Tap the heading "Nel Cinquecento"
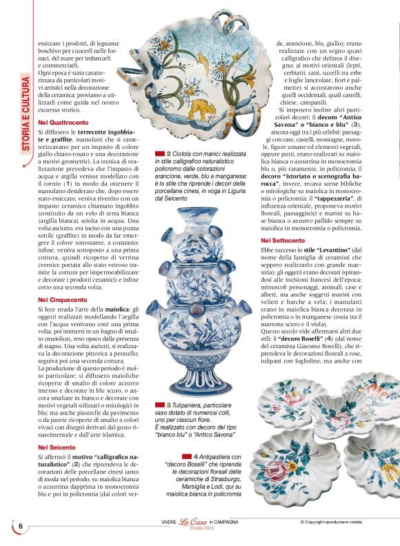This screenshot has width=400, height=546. click(63, 300)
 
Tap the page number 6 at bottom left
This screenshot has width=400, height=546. click(21, 525)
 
